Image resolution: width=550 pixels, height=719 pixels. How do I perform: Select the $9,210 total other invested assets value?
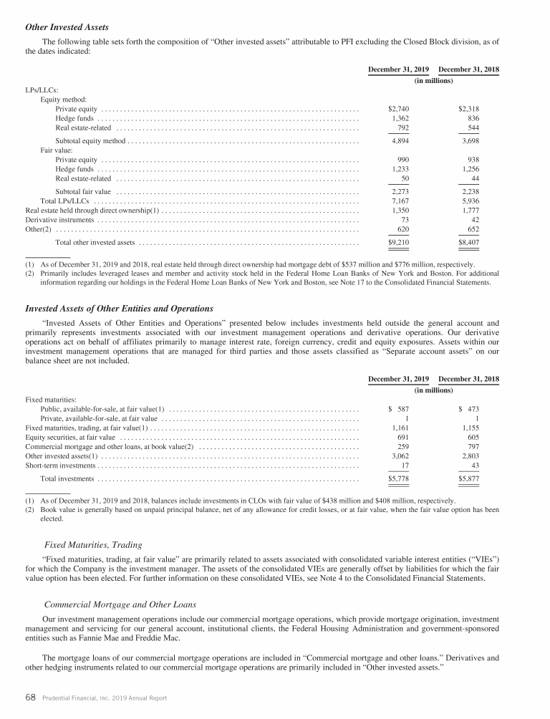[398, 243]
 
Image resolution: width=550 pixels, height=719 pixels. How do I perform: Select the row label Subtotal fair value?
[83, 192]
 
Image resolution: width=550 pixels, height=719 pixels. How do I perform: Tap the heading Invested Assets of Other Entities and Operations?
[119, 308]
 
